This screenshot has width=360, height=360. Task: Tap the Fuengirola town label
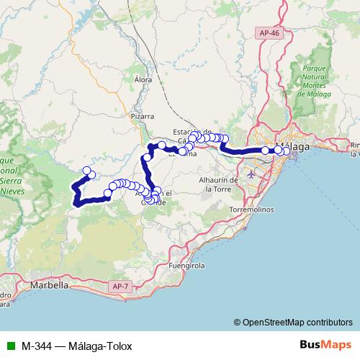186,266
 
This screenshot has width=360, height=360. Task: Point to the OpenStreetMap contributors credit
298,322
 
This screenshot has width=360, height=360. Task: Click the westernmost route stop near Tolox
87,171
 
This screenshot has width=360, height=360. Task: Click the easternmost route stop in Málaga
287,150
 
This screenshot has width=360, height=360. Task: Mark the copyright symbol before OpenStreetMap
238,322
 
